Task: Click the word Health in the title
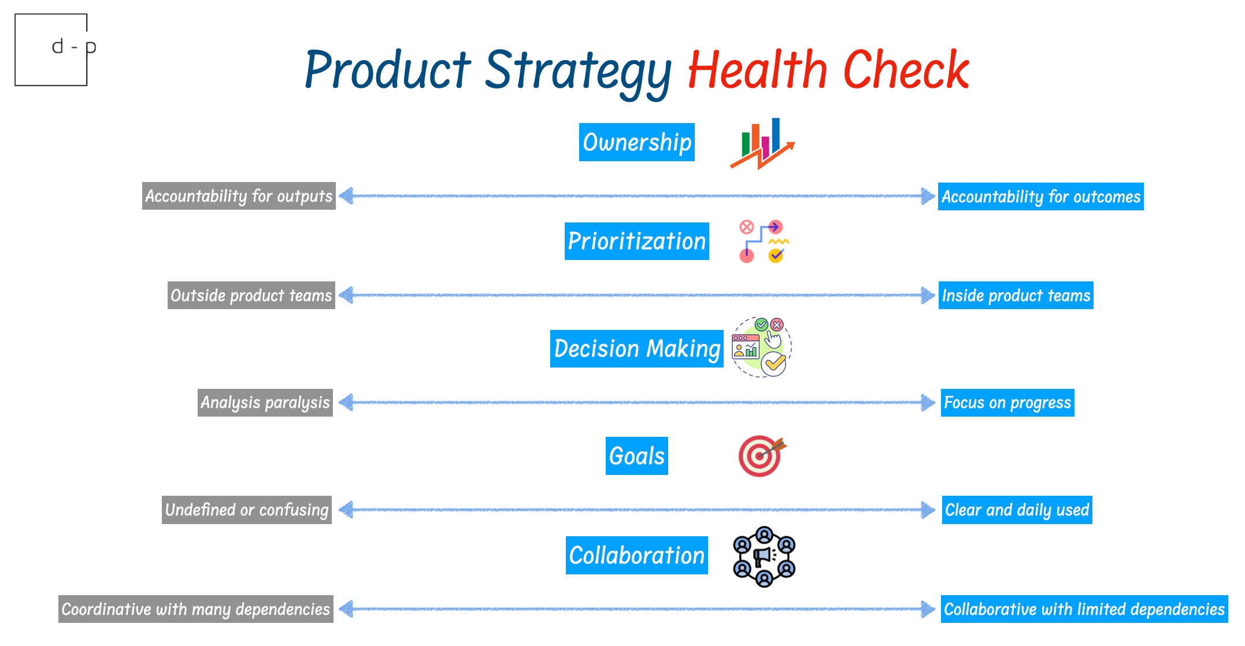tap(757, 70)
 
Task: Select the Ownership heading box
tap(636, 142)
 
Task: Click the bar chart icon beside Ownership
tap(762, 143)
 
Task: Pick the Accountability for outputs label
tap(239, 196)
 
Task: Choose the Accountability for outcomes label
tap(1040, 196)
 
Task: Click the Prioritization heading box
tap(636, 241)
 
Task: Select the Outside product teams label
tap(251, 295)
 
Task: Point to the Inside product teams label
tap(1016, 295)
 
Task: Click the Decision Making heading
tap(636, 348)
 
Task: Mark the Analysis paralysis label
tap(265, 402)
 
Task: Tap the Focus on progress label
tap(1007, 402)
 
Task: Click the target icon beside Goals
tap(761, 456)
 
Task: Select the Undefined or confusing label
tap(246, 510)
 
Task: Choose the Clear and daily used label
tap(1017, 510)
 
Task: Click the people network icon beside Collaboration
tap(764, 556)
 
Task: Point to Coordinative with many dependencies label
tap(195, 609)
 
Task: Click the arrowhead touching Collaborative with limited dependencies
tap(928, 609)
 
